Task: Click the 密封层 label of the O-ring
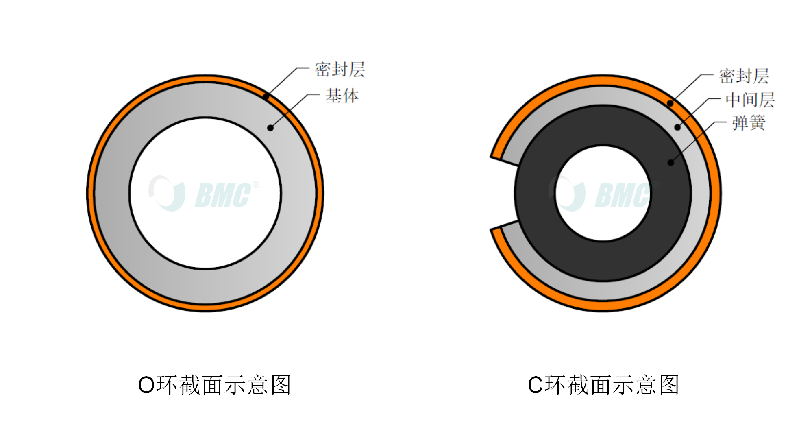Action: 340,70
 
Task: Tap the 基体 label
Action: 342,96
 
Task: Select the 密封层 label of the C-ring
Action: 744,76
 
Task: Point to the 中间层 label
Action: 750,100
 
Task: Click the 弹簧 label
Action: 749,123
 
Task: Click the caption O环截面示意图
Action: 215,385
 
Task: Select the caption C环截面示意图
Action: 603,385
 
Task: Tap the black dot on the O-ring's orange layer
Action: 266,97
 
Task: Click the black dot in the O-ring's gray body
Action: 270,128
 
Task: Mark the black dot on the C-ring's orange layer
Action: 670,103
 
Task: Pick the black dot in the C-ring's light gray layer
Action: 677,127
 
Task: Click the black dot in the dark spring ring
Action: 671,163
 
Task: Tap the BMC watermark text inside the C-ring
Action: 623,195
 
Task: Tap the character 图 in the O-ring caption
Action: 281,385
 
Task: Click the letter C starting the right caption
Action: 535,385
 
